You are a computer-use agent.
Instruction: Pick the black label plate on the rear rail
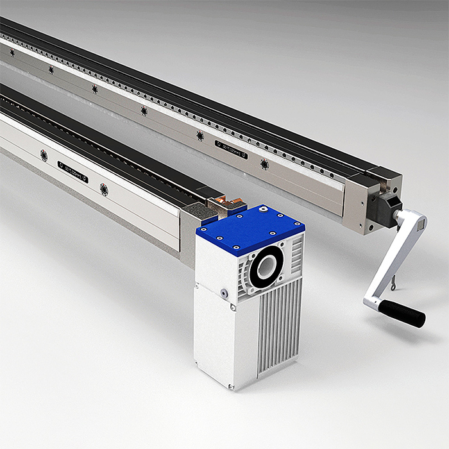click(x=231, y=149)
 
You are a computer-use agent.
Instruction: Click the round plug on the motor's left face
click(x=224, y=293)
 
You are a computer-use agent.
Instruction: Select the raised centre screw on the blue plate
click(x=264, y=210)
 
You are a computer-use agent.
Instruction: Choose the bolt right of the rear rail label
click(x=264, y=165)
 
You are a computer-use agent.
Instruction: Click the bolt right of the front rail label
click(x=104, y=190)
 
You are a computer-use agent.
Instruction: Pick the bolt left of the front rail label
click(x=44, y=155)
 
